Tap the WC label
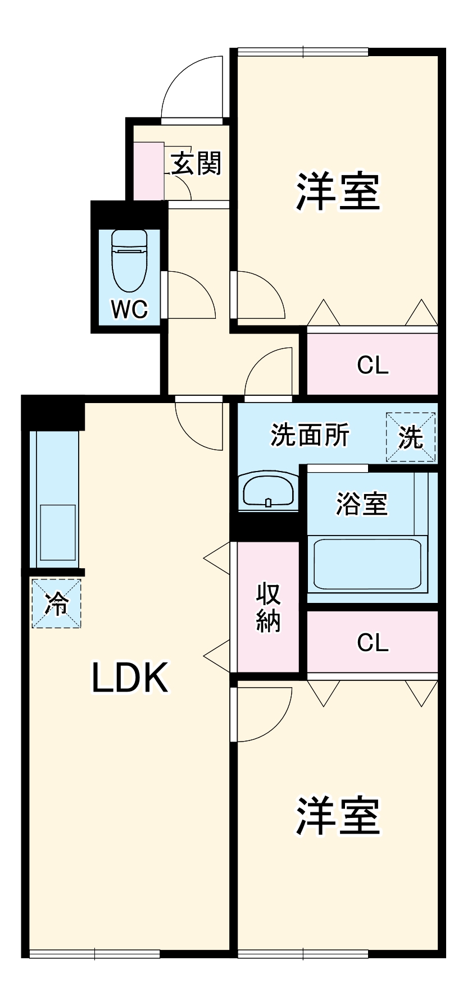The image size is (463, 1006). [x=129, y=309]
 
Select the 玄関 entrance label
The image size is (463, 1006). [x=196, y=163]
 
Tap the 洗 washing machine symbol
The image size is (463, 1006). [x=411, y=437]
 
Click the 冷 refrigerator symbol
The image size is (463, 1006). [x=56, y=603]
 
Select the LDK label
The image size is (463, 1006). [x=129, y=678]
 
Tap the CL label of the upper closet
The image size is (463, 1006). [x=373, y=365]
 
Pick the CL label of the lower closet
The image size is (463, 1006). [x=373, y=642]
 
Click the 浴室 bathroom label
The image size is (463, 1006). [x=361, y=504]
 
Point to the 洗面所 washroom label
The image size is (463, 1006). [x=310, y=435]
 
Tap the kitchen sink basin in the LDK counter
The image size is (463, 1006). [x=57, y=532]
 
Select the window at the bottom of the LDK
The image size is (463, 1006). [x=94, y=953]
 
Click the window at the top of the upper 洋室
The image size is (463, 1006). [x=303, y=52]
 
